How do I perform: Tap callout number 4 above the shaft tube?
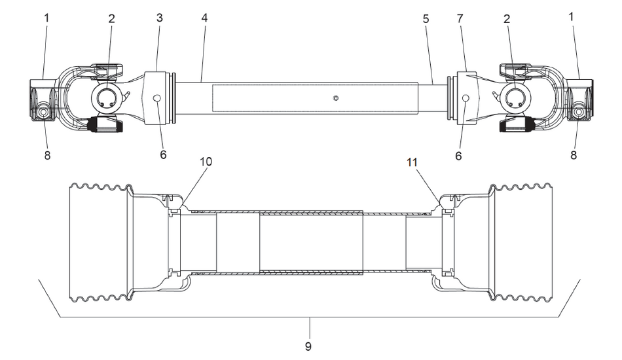click(x=204, y=18)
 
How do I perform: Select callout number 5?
click(x=426, y=18)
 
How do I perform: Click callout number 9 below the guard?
click(x=311, y=343)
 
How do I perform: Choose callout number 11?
click(x=412, y=161)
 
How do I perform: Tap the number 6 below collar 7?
click(x=458, y=156)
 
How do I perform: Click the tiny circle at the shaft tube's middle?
click(x=335, y=98)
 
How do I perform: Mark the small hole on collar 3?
click(x=157, y=98)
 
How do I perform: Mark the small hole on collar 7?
click(x=465, y=98)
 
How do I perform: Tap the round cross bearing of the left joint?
click(x=107, y=99)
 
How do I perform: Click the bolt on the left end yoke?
click(x=43, y=113)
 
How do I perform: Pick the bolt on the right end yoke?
click(x=579, y=113)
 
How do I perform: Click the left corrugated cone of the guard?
click(x=98, y=243)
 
